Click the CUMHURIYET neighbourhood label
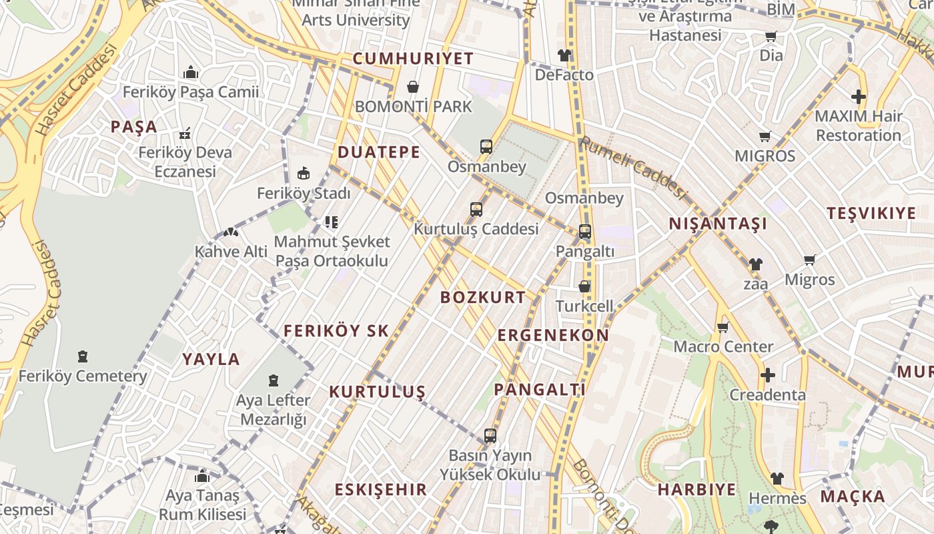[x=413, y=59]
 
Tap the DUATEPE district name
[x=379, y=152]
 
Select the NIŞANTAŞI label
[x=718, y=224]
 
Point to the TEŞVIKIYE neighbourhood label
[x=871, y=214]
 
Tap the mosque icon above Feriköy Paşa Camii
[x=191, y=72]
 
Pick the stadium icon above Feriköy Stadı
[x=304, y=174]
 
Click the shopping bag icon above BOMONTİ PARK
[x=413, y=87]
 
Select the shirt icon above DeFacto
[x=564, y=55]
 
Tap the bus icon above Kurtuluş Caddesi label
[x=476, y=210]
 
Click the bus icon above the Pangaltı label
[x=584, y=232]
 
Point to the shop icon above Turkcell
[x=584, y=286]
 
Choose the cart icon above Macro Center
[x=723, y=327]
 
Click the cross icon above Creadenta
[x=767, y=375]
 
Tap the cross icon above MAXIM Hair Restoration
[x=858, y=97]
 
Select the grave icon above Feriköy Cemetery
[x=82, y=356]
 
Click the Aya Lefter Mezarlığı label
[x=273, y=410]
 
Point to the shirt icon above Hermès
[x=777, y=479]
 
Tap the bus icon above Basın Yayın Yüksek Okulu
[x=490, y=436]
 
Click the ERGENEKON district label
[x=553, y=335]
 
